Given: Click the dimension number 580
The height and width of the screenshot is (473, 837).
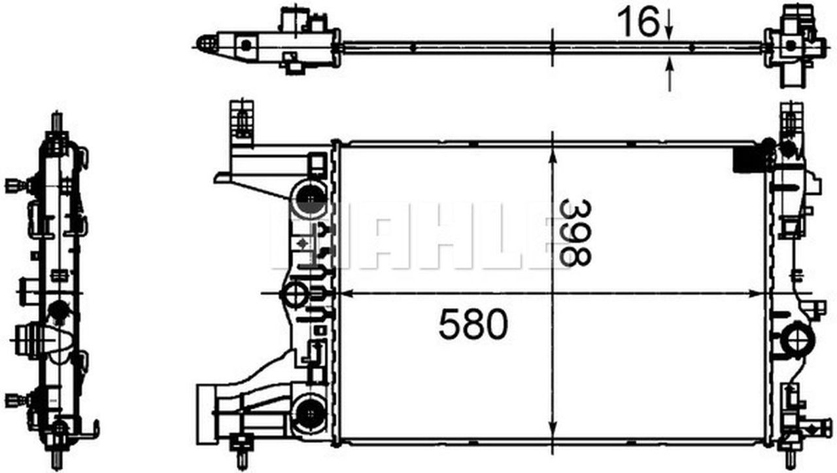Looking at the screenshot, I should point(473,325).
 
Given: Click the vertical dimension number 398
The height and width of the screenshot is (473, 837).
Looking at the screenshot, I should point(575,232).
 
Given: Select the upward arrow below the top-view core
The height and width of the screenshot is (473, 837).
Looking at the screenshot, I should point(669,72).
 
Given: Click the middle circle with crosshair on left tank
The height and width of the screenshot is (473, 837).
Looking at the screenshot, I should point(294,294).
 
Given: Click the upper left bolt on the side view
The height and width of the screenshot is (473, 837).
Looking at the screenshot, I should point(14,185).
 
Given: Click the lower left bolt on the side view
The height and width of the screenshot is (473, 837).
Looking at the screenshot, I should point(14,400).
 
